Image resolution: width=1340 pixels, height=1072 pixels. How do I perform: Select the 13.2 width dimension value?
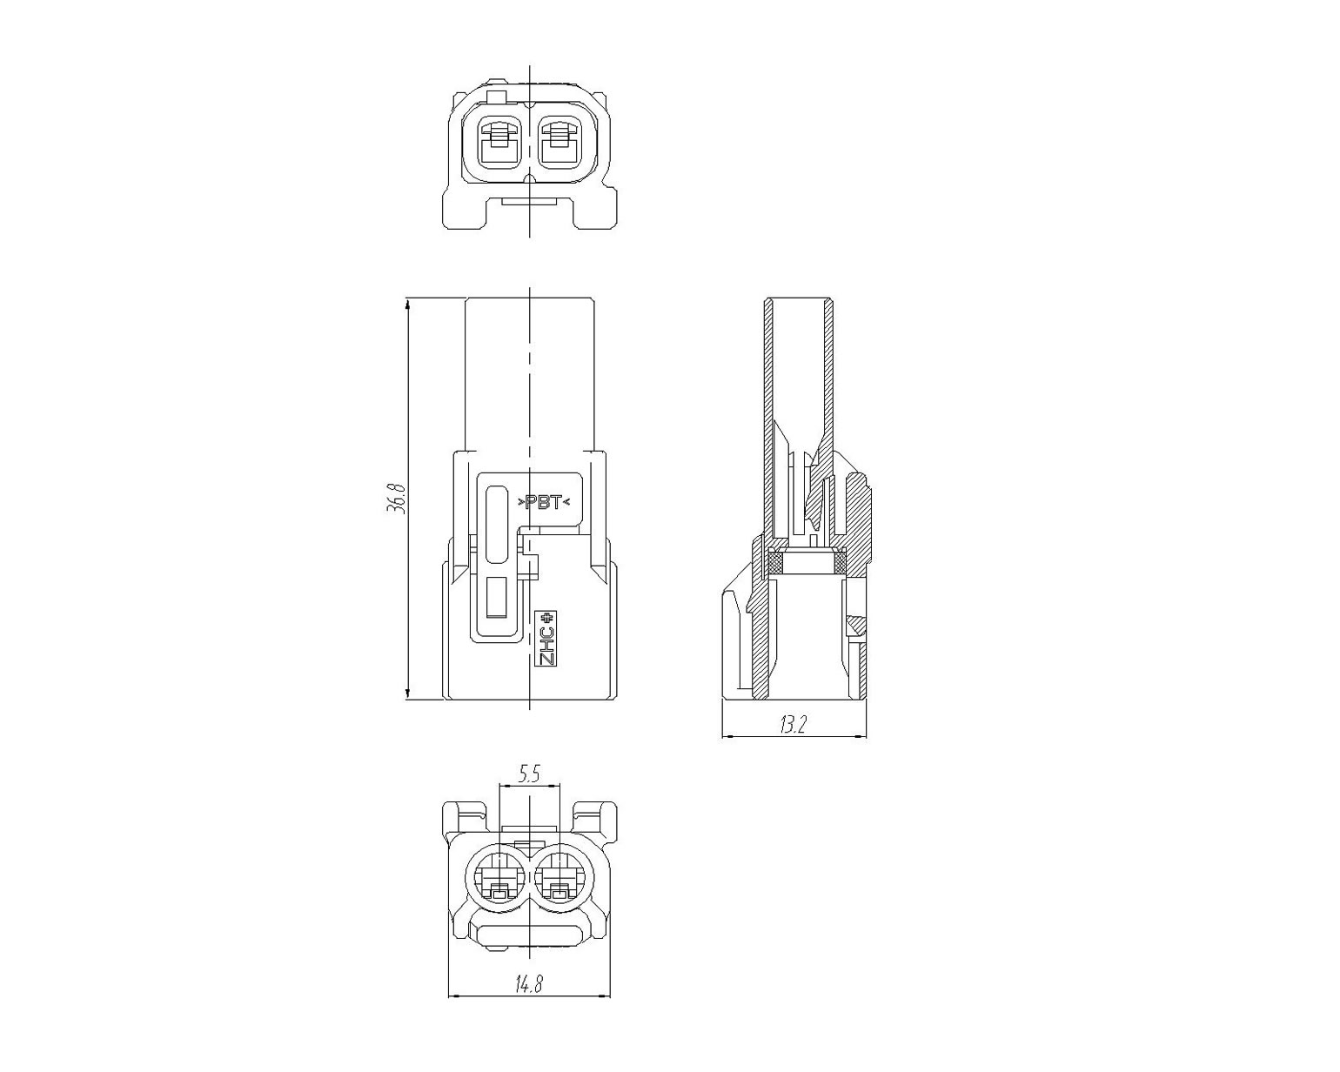(x=794, y=725)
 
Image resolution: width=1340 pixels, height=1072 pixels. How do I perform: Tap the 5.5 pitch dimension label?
(x=529, y=774)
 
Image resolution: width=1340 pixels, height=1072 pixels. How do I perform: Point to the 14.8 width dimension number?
(x=529, y=1002)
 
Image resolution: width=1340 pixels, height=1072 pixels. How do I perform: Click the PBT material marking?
(x=544, y=502)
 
